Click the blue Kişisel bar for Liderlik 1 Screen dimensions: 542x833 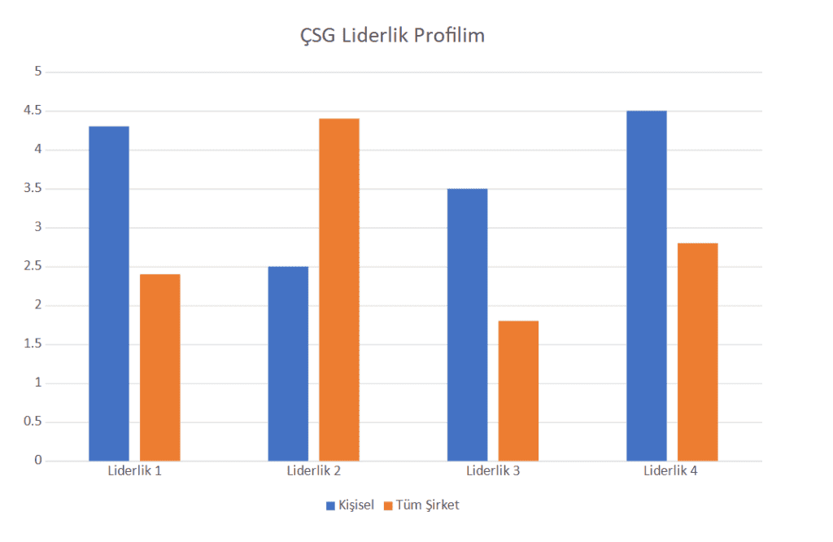[109, 293]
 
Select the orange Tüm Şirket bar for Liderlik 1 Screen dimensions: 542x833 [160, 367]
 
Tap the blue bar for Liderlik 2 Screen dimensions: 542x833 [288, 363]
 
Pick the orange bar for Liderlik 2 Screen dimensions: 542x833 [339, 289]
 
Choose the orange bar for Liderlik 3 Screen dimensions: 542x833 [518, 391]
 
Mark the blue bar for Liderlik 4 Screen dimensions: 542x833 [647, 285]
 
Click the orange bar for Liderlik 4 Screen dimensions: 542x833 [698, 352]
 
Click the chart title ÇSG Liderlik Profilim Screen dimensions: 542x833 [392, 36]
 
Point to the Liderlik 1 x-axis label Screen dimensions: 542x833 [134, 471]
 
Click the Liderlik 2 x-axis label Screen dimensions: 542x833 [313, 471]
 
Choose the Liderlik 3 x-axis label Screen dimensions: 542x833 [493, 471]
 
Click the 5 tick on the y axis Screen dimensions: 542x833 [37, 72]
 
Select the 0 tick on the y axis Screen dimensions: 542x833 [37, 461]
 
